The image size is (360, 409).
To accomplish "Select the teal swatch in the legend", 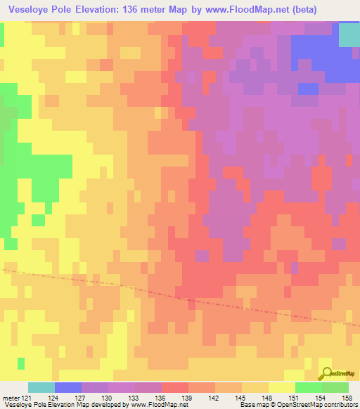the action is (x=41, y=387).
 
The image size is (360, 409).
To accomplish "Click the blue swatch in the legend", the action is (x=68, y=387).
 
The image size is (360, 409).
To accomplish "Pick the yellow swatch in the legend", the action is (x=282, y=387).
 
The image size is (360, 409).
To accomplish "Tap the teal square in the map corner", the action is (x=349, y=35).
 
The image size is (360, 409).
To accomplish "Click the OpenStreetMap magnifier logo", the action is (x=326, y=373).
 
